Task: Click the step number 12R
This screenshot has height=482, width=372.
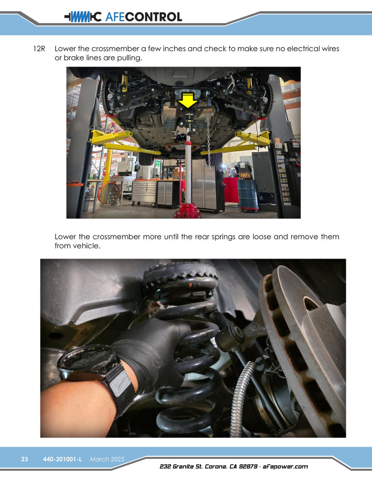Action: click(39, 49)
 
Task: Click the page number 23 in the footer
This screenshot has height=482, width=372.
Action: click(24, 459)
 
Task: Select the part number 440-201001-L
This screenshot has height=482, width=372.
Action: click(62, 459)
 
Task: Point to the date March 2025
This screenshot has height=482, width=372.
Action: click(107, 459)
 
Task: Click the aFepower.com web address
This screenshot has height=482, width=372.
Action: click(285, 466)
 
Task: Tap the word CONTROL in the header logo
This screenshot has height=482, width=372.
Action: click(153, 17)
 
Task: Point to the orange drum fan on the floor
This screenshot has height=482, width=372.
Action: click(108, 194)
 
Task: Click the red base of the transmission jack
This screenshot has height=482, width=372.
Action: click(188, 211)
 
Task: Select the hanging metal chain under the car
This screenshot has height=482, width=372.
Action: click(208, 137)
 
